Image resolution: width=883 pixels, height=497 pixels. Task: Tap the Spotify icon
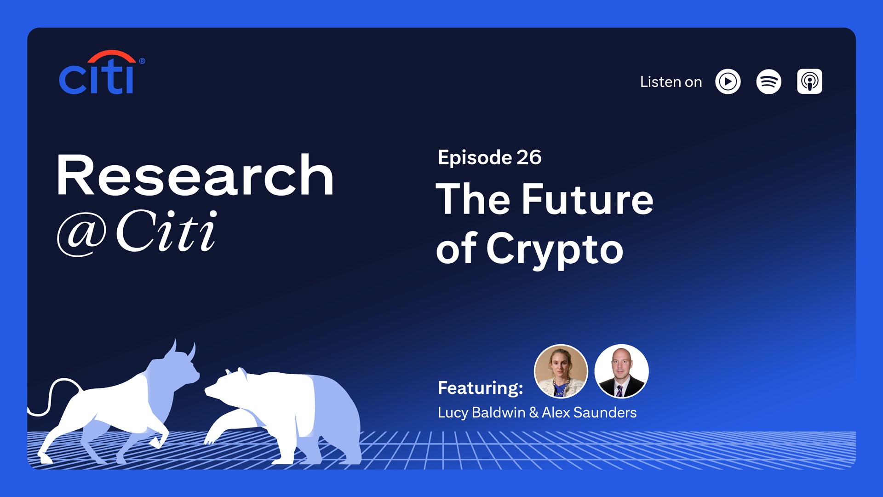[x=768, y=82]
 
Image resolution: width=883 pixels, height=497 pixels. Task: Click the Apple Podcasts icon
[x=809, y=82]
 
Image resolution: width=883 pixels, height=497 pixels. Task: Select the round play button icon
[x=728, y=82]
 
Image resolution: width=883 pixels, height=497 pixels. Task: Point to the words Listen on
[x=671, y=82]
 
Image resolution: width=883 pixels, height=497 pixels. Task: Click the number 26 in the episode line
[x=529, y=158]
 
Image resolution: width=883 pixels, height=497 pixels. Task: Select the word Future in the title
[x=587, y=199]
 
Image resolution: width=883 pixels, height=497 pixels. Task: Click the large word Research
[x=195, y=175]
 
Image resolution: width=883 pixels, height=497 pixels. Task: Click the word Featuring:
[x=481, y=388]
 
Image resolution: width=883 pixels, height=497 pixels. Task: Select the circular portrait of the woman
[x=561, y=371]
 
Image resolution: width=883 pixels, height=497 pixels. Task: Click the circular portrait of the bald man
[x=621, y=371]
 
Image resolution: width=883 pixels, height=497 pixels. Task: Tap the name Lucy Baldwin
[x=482, y=413]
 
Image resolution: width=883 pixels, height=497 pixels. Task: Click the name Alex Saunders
[x=589, y=413]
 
